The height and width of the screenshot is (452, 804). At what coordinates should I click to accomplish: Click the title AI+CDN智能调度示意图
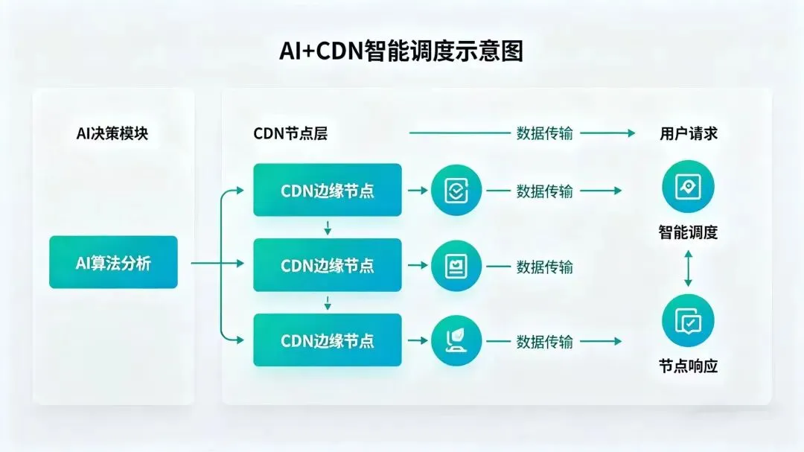tap(401, 51)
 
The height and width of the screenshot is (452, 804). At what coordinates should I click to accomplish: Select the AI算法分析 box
tap(113, 262)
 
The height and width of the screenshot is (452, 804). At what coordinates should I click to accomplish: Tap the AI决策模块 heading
tap(112, 134)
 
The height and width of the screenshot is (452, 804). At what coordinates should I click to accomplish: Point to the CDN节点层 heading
tap(290, 134)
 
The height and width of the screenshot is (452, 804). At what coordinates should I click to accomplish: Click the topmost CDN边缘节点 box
tap(328, 190)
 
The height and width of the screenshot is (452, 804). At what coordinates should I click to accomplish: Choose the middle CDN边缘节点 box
tap(328, 265)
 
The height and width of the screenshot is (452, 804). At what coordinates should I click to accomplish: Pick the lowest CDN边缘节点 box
tap(328, 340)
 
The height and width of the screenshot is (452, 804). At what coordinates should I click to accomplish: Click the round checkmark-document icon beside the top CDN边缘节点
tap(456, 190)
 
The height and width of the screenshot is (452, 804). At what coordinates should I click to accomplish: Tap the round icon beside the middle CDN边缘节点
tap(456, 266)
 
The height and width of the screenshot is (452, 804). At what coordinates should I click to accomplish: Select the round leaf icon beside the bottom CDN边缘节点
tap(456, 341)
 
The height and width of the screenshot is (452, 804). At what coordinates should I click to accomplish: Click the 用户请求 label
tap(689, 134)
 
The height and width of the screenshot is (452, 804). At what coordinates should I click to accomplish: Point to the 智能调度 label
tap(688, 232)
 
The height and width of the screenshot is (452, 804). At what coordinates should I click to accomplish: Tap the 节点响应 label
tap(688, 366)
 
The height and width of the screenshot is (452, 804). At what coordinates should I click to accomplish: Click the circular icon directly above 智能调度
tap(688, 186)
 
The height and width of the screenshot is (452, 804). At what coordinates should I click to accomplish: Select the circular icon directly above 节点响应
tap(688, 321)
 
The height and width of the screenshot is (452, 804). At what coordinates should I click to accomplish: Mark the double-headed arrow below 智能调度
tap(688, 268)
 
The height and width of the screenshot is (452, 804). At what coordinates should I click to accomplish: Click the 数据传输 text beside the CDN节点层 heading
tap(545, 134)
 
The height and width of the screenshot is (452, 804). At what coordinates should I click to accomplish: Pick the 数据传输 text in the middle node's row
tap(545, 267)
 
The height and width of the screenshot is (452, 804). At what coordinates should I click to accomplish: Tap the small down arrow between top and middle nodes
tap(328, 228)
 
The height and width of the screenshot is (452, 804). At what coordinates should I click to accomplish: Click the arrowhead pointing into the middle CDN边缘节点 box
tap(240, 264)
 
